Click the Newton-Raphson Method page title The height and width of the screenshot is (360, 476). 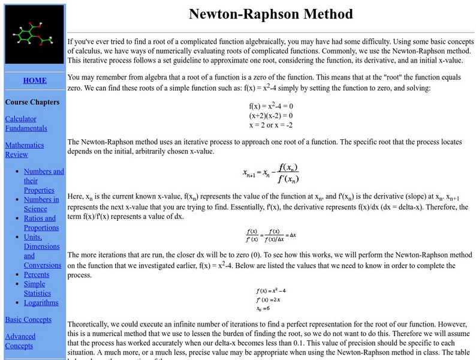click(271, 14)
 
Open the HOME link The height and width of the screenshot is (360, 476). click(34, 80)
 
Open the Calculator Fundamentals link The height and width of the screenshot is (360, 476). click(26, 123)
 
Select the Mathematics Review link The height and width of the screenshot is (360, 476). click(25, 149)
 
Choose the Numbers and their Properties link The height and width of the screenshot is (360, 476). click(43, 181)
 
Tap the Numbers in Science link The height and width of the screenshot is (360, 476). click(41, 204)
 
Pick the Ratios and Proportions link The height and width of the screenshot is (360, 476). click(41, 223)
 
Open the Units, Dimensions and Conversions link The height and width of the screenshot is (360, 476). click(42, 251)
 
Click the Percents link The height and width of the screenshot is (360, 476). click(37, 274)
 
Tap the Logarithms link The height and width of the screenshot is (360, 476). click(41, 302)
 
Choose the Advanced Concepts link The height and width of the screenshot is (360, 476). click(20, 341)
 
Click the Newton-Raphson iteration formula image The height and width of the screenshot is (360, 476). click(271, 173)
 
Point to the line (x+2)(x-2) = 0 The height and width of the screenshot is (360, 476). click(271, 115)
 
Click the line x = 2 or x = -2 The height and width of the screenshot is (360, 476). click(271, 125)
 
